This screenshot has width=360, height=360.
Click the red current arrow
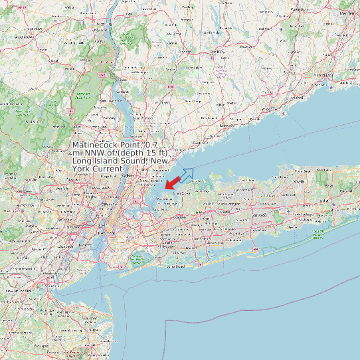[x=172, y=181]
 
